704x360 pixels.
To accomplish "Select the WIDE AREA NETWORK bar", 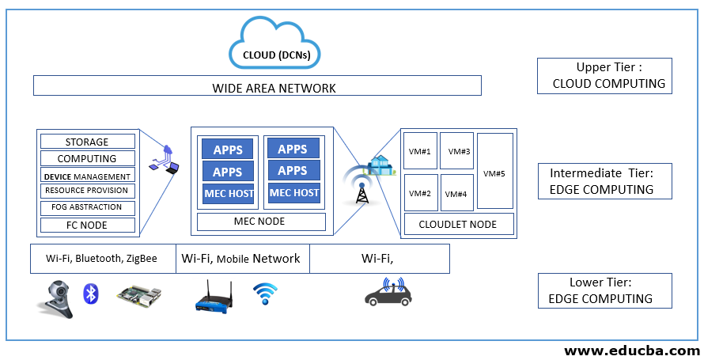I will click(x=257, y=87).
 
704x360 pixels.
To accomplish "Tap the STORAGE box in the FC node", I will click(x=87, y=142).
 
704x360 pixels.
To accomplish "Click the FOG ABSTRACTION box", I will click(x=87, y=207).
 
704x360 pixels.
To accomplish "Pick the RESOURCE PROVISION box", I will click(x=87, y=191).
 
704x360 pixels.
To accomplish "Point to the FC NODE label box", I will click(x=87, y=225).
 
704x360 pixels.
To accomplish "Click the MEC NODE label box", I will click(x=260, y=222).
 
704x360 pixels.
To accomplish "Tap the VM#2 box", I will click(x=419, y=193).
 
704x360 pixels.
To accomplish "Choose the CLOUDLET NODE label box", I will click(x=458, y=224).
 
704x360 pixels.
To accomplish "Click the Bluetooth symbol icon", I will click(x=91, y=295).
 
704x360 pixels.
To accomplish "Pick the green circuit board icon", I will click(x=139, y=296).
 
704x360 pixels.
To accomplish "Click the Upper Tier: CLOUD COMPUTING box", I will click(x=604, y=76).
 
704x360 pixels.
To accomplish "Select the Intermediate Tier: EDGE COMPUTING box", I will click(x=604, y=181).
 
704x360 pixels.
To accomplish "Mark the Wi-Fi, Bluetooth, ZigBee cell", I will click(x=102, y=259).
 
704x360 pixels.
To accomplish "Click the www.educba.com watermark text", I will click(x=630, y=351).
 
